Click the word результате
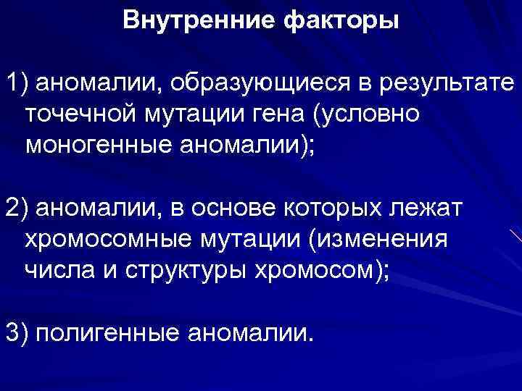click(x=445, y=83)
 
